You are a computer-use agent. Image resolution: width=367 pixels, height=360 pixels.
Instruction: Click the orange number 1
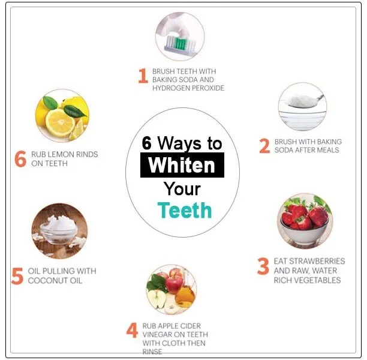coord(143,76)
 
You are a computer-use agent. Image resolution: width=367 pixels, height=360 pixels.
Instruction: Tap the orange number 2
coord(264,146)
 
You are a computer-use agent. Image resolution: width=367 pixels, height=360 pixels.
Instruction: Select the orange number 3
coord(263,266)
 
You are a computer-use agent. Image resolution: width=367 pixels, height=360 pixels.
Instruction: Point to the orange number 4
coord(132,330)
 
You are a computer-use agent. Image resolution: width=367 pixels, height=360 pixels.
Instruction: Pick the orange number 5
coord(17,276)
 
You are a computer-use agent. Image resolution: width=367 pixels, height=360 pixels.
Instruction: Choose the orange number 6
coord(20,159)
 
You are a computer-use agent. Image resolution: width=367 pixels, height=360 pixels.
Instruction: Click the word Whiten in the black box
coord(182,165)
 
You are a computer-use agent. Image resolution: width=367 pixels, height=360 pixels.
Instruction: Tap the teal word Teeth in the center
coord(185,210)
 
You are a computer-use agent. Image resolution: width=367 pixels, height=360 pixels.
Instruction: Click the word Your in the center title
coord(182,189)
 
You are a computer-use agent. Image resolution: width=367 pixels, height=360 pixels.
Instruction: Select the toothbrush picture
coord(180,37)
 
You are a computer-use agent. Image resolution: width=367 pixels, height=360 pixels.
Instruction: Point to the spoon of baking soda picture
coord(302,107)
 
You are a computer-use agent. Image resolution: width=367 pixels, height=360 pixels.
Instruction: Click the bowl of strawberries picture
coord(305,221)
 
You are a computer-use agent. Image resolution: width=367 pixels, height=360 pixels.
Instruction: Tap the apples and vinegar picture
coord(172,289)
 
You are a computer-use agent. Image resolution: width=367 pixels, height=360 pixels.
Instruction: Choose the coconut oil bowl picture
coord(59,231)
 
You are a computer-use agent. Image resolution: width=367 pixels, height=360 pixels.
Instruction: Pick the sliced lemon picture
coord(62,116)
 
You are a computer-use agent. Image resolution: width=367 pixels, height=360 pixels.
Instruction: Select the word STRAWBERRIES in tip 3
coord(318,261)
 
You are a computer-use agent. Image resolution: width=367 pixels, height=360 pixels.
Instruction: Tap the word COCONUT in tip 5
coord(47,281)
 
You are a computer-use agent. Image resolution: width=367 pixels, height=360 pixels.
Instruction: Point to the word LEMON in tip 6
coord(59,154)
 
